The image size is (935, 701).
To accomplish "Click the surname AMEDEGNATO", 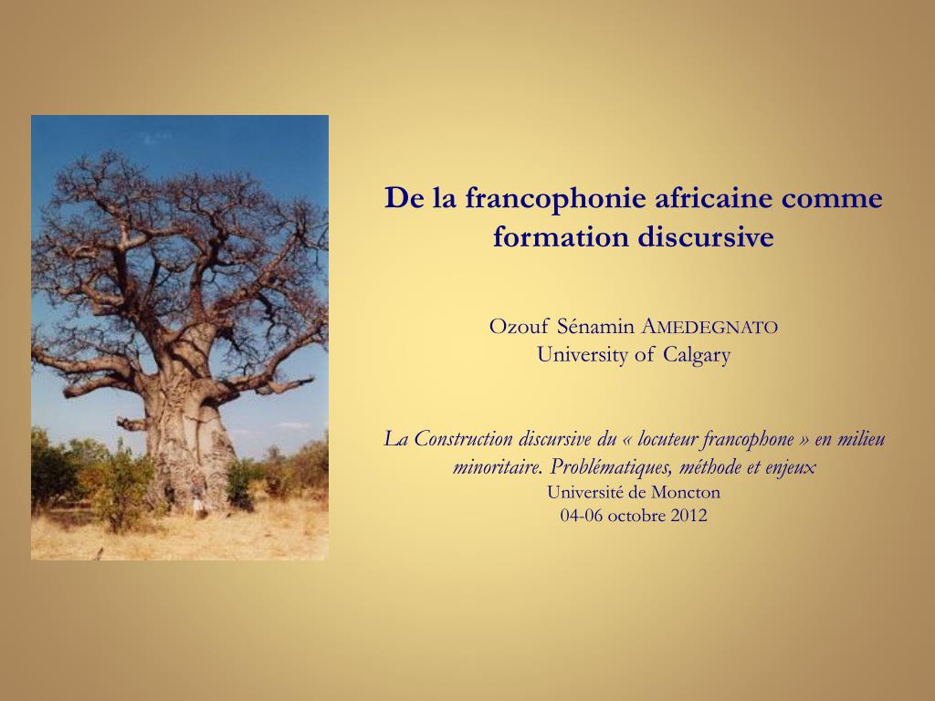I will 710,327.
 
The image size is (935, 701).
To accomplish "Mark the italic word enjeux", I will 787,467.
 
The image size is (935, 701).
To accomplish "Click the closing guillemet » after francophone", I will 804,439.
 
